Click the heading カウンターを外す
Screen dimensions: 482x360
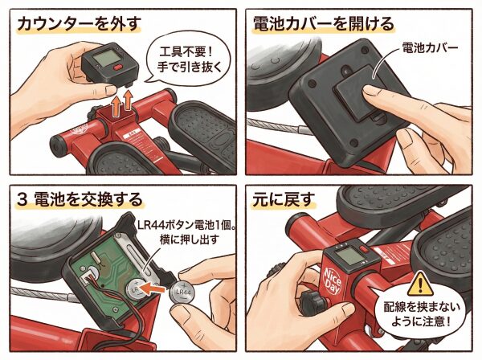[80, 24]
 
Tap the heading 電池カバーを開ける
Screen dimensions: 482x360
[323, 24]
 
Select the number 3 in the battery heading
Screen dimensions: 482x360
[22, 199]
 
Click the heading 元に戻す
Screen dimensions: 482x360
[284, 199]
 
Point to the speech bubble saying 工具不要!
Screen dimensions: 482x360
[189, 59]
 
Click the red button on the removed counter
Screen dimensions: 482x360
[118, 67]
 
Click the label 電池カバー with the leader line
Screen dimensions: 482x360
[430, 47]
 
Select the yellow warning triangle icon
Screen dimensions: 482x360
[420, 284]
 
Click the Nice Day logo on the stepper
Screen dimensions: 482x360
[333, 281]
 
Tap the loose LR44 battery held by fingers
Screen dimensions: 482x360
[182, 292]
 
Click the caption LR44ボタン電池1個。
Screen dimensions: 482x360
[186, 226]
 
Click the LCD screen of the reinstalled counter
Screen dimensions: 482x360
[346, 256]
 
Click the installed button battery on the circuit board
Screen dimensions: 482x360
[136, 289]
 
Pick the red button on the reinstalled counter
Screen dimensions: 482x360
[364, 249]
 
